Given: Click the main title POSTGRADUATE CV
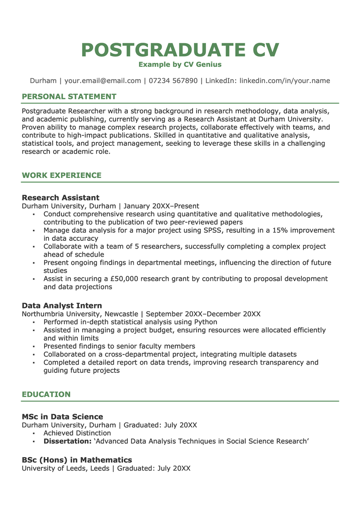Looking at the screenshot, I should [180, 50].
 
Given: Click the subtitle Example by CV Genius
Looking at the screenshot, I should [180, 64].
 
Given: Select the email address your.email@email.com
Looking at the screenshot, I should [103, 81].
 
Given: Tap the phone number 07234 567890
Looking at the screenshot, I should [173, 81].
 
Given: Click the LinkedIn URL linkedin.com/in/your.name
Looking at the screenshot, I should [285, 81].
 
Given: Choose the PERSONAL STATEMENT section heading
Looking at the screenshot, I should [69, 96].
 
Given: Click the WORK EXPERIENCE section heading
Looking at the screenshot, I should [61, 175].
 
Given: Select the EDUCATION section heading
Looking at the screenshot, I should [46, 394].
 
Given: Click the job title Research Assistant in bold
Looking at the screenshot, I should [60, 198].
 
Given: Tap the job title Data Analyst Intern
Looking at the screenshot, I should [62, 306].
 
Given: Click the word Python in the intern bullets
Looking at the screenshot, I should [205, 322].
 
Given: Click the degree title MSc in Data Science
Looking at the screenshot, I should [62, 416].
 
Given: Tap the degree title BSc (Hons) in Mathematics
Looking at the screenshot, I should [77, 460].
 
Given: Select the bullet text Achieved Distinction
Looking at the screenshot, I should [77, 433].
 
